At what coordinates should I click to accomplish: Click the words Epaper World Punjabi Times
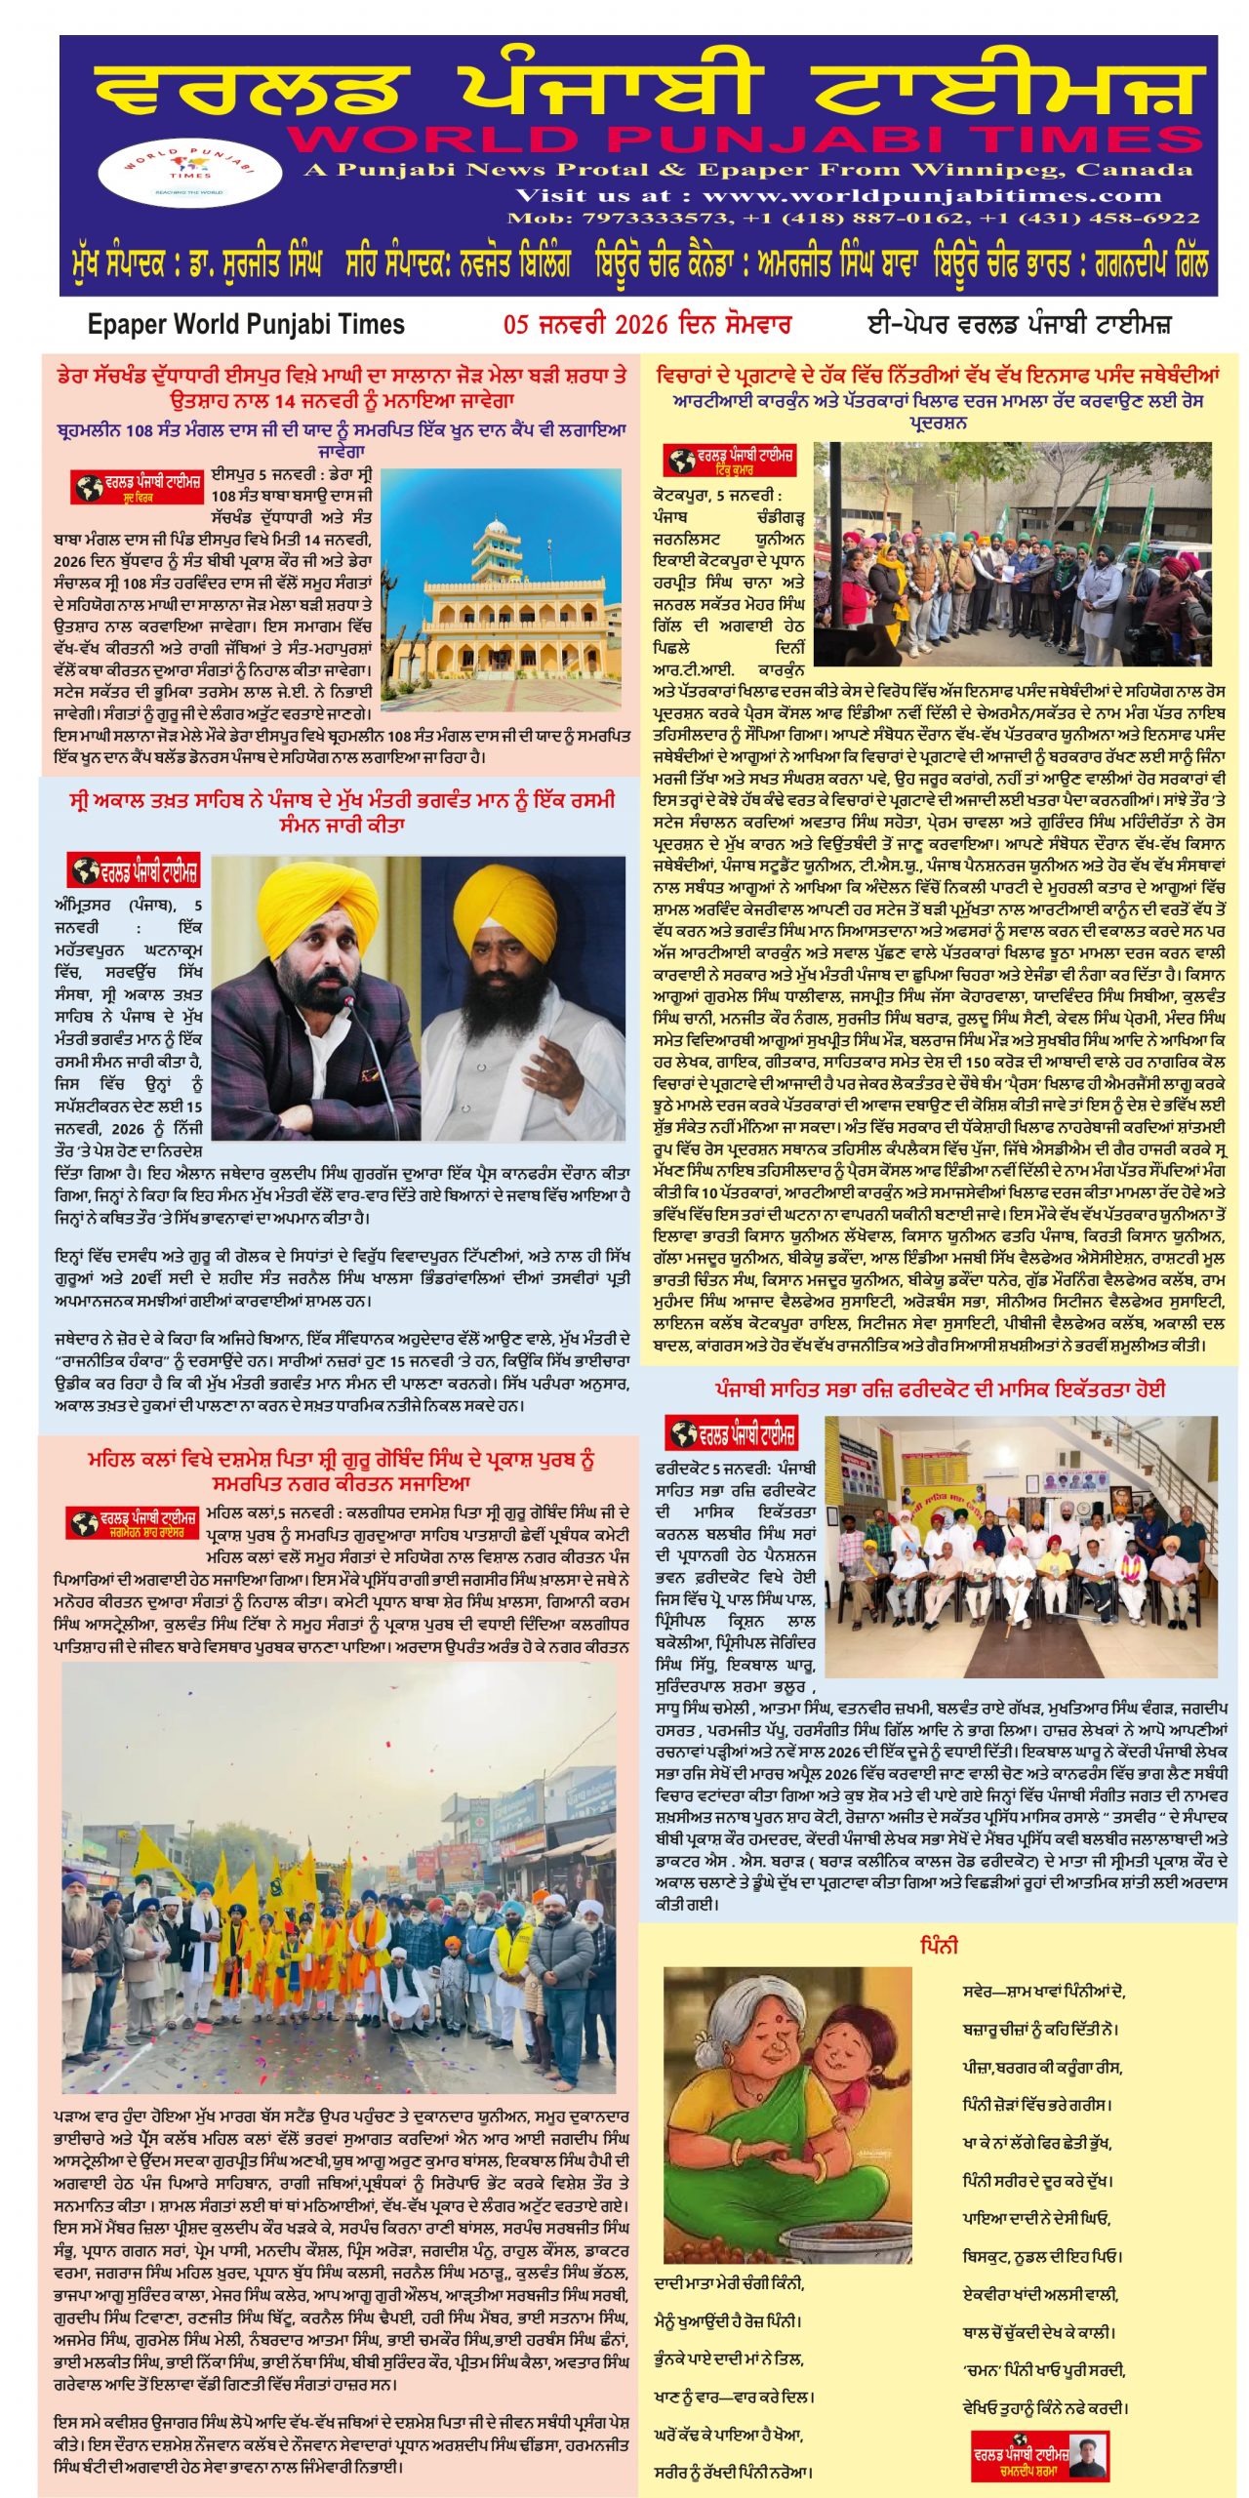(x=246, y=324)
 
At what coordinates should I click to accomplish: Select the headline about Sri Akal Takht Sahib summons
(x=342, y=812)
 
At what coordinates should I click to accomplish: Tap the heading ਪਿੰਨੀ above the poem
(x=939, y=1945)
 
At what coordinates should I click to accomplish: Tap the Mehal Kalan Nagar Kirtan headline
(x=342, y=1471)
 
